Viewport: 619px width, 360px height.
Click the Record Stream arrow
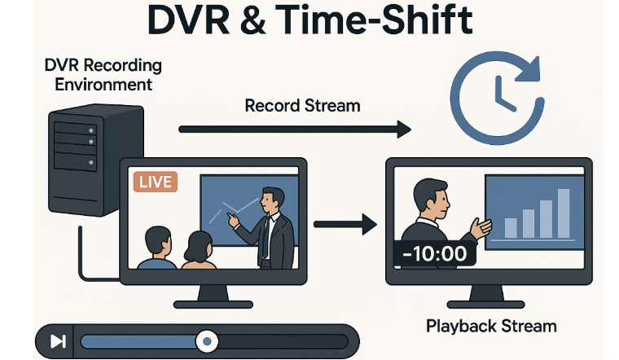click(293, 129)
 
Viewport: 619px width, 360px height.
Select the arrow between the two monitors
click(343, 222)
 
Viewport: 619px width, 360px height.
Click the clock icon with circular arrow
click(499, 94)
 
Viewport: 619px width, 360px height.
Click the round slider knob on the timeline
click(207, 341)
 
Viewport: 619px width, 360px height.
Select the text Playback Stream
click(491, 327)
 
